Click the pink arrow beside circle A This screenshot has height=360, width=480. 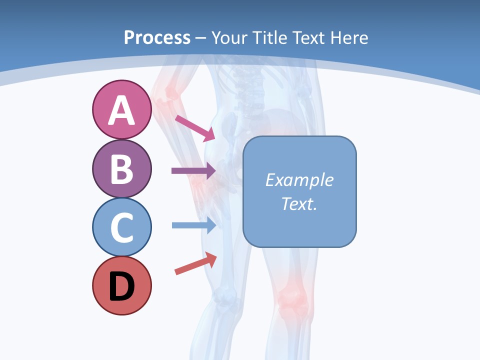(x=195, y=128)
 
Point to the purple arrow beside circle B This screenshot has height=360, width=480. (x=193, y=170)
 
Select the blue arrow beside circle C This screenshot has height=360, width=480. (x=193, y=225)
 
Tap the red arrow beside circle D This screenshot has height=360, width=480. (x=195, y=264)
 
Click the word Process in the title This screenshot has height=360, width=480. (x=157, y=37)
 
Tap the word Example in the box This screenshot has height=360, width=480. (x=299, y=180)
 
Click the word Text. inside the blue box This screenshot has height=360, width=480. (x=299, y=203)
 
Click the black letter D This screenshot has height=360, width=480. (x=121, y=287)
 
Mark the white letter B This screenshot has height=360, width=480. (x=121, y=169)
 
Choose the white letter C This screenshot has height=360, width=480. (x=121, y=228)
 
